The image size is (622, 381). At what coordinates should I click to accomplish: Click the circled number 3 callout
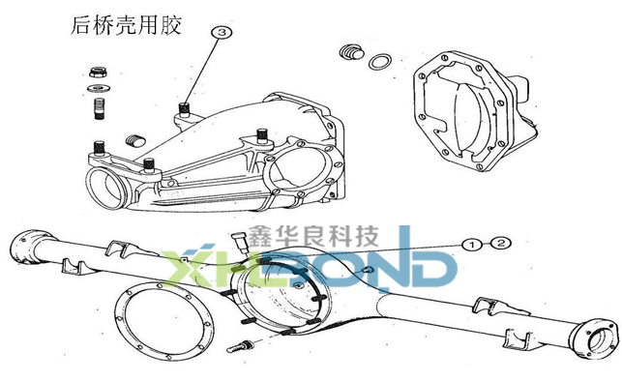tap(222, 32)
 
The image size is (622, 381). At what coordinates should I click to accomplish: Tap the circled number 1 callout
tap(472, 245)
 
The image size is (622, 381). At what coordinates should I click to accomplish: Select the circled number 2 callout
tap(501, 243)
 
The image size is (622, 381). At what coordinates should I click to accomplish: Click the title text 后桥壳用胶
tap(126, 26)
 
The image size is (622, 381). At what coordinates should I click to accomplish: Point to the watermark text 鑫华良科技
tap(313, 236)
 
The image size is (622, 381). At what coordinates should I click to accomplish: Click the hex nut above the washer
tap(99, 73)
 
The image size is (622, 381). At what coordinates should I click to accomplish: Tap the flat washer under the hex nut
tap(98, 88)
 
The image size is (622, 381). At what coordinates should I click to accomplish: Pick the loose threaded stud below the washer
tap(100, 108)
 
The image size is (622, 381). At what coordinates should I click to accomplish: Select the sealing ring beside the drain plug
tap(379, 62)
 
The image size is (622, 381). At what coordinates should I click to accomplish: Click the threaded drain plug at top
tap(351, 52)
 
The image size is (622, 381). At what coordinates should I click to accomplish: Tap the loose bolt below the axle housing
tap(240, 346)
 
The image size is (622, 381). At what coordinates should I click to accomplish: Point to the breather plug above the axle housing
tap(239, 242)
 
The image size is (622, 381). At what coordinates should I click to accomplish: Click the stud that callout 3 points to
tap(183, 108)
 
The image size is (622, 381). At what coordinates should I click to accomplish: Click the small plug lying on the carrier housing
tap(134, 140)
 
